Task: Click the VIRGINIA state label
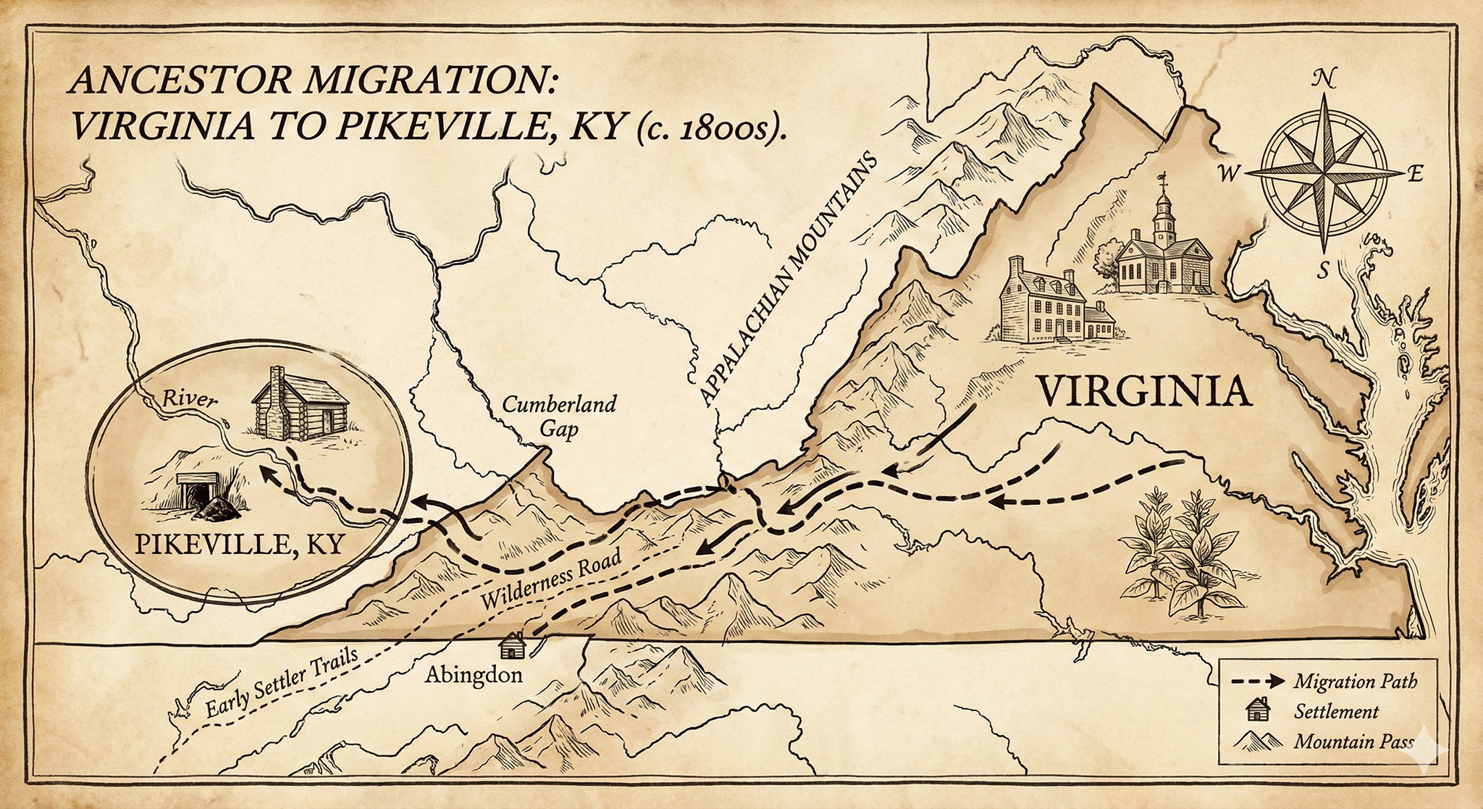click(x=1145, y=392)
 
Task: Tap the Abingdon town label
click(x=474, y=675)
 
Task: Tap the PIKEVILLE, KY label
click(x=239, y=544)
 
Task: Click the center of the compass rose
click(x=1324, y=174)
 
